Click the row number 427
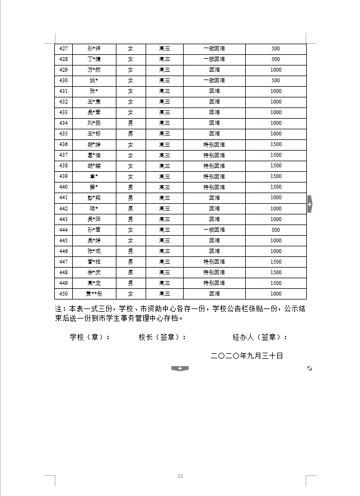point(63,49)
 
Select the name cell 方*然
point(94,70)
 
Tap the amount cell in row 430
point(275,81)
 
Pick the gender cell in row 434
point(130,123)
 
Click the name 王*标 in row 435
point(94,134)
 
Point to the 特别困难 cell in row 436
point(214,144)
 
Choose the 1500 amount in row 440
point(275,187)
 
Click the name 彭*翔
point(94,198)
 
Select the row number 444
point(63,230)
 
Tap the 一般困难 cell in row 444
point(214,230)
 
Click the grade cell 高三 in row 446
point(164,251)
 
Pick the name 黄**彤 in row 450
point(94,294)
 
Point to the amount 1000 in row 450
point(275,294)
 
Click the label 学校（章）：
point(90,337)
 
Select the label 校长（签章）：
point(162,337)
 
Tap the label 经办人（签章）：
point(260,337)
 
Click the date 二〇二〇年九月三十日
point(247,355)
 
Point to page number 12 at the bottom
point(180,476)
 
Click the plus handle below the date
point(180,368)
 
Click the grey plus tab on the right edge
point(310,205)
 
